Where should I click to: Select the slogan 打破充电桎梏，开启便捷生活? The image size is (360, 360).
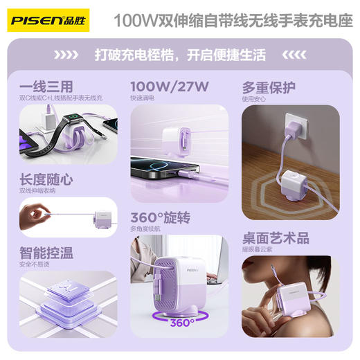[180, 54]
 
